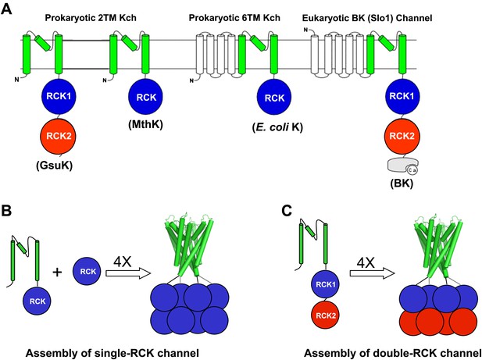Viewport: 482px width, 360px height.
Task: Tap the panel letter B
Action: click(6, 211)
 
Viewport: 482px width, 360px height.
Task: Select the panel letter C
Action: click(287, 211)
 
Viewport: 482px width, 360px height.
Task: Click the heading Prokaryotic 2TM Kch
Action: click(91, 18)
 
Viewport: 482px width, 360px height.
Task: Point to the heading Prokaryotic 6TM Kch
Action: click(234, 18)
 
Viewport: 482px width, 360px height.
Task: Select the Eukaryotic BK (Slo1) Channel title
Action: click(367, 18)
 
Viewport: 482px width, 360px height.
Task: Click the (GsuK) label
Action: click(55, 166)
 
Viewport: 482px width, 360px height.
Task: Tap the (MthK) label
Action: click(146, 124)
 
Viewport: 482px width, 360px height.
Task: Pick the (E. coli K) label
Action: click(277, 127)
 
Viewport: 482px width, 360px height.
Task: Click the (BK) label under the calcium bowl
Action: click(402, 184)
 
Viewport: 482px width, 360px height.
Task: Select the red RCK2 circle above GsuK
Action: click(58, 136)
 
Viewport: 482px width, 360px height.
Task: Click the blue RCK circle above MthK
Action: click(146, 97)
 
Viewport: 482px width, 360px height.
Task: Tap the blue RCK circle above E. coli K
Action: click(274, 97)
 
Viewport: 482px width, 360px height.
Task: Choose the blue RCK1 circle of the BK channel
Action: click(402, 96)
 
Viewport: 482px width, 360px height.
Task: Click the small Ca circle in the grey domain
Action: click(412, 169)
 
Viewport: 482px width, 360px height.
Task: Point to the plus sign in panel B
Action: click(57, 272)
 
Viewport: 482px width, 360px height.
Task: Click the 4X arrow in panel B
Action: click(127, 273)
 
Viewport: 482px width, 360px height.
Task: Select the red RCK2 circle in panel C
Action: click(326, 315)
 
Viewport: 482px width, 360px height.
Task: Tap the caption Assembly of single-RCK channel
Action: click(112, 353)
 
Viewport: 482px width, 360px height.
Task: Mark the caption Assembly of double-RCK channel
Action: click(392, 353)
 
